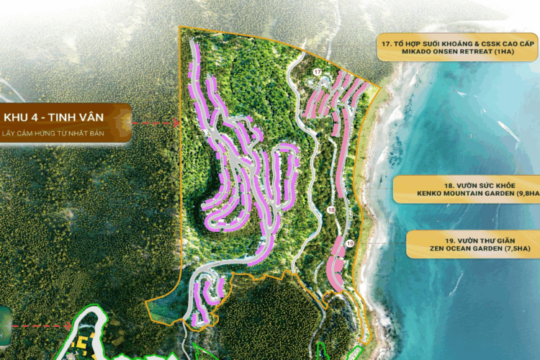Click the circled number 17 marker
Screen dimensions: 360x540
[318, 72]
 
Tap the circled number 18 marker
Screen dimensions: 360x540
[330, 210]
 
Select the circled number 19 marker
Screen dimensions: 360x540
[348, 245]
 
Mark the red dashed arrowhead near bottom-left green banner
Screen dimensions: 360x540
[69, 324]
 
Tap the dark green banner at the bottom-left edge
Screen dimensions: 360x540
[5, 325]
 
